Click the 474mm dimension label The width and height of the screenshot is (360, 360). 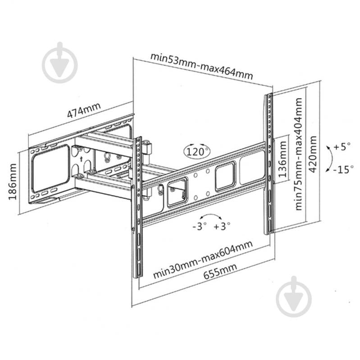(84, 110)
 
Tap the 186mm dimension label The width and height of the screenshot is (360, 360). (13, 182)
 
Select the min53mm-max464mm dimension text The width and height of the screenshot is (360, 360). (201, 66)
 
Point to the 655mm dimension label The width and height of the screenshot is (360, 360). (220, 271)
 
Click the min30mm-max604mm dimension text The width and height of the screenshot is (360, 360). (203, 260)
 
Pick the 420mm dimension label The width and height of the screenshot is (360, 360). (313, 154)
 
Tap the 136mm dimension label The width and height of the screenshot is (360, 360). (283, 159)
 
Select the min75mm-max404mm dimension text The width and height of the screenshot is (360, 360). (298, 154)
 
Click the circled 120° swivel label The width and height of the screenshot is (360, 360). (197, 151)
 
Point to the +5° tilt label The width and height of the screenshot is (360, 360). (342, 146)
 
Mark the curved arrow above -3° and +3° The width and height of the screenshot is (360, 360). (211, 215)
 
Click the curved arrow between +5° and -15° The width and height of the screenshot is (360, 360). (332, 159)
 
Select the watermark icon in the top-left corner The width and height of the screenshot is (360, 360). (59, 63)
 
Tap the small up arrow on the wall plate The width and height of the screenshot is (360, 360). (81, 158)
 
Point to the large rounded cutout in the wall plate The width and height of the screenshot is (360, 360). (50, 168)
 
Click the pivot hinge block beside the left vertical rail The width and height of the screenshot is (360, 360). (147, 149)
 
